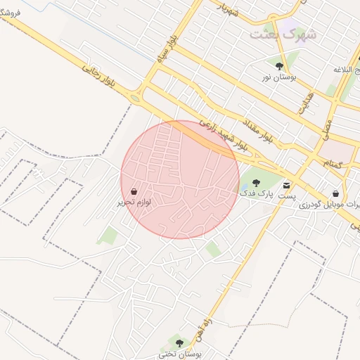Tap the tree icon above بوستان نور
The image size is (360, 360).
280,65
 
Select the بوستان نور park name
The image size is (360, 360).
276,76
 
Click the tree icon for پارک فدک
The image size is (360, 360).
255,182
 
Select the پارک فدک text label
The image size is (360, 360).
255,193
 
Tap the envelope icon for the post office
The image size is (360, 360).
286,184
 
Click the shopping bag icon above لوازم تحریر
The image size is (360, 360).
134,191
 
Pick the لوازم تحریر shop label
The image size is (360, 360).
134,202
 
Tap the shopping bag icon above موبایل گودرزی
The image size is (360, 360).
336,193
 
